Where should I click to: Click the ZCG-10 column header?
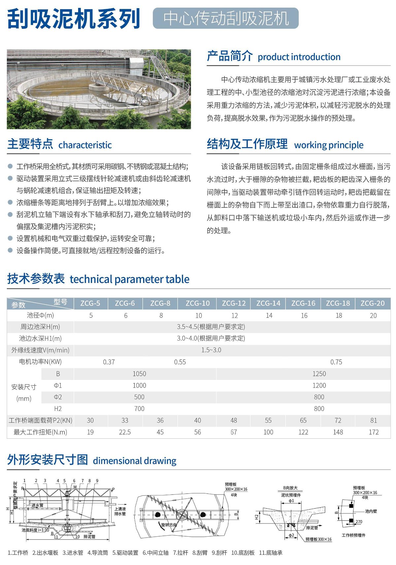pyautogui.click(x=197, y=303)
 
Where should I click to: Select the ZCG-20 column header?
pyautogui.click(x=373, y=303)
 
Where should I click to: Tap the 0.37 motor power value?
pyautogui.click(x=109, y=362)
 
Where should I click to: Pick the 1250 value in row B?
pyautogui.click(x=319, y=374)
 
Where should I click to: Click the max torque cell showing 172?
pyautogui.click(x=374, y=432)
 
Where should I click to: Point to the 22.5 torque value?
pyautogui.click(x=125, y=432)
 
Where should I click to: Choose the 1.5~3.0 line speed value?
pyautogui.click(x=211, y=350)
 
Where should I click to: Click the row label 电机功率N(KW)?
pyautogui.click(x=40, y=362)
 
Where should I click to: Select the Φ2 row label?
pyautogui.click(x=58, y=397)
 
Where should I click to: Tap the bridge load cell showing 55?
pyautogui.click(x=268, y=420)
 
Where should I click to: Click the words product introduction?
pyautogui.click(x=299, y=57)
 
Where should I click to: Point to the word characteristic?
pyautogui.click(x=85, y=145)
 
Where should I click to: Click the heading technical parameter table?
pyautogui.click(x=129, y=279)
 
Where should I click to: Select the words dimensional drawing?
pyautogui.click(x=135, y=461)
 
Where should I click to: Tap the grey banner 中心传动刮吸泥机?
pyautogui.click(x=226, y=18)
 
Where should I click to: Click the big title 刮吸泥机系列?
pyautogui.click(x=74, y=19)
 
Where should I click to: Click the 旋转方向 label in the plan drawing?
pyautogui.click(x=169, y=525)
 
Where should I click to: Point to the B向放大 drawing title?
pyautogui.click(x=290, y=488)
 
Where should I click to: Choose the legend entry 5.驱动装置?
pyautogui.click(x=125, y=553)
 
